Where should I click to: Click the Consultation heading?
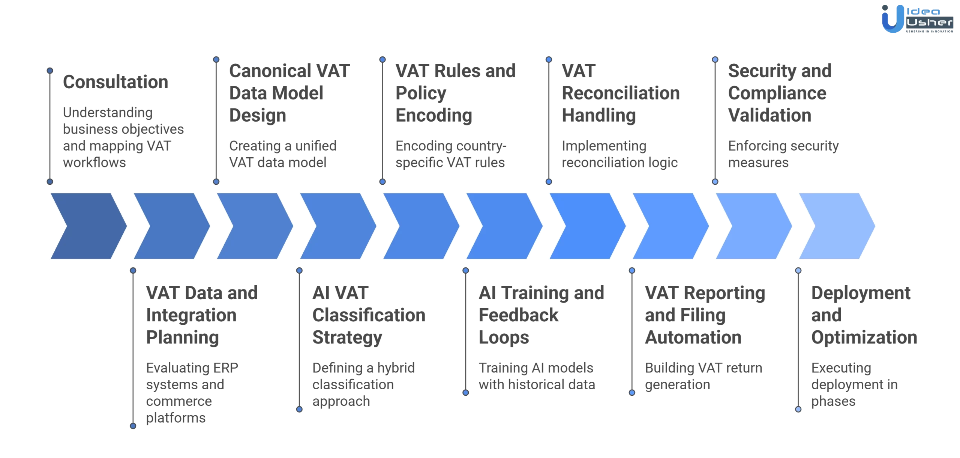[x=115, y=82]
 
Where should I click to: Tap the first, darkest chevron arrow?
[x=88, y=226]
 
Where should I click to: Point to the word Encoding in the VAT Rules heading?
[x=434, y=115]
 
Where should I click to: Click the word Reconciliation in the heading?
[x=621, y=93]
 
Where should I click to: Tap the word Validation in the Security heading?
[x=769, y=115]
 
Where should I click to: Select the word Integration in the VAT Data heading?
[x=191, y=315]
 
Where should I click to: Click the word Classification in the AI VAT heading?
[x=369, y=315]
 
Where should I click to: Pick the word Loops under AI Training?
[x=504, y=337]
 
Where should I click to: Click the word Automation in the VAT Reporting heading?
[x=693, y=337]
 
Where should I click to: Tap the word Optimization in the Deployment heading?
[x=864, y=337]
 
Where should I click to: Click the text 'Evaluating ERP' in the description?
[x=192, y=368]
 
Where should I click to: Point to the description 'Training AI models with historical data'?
[x=536, y=376]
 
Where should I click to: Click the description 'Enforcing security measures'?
[x=783, y=154]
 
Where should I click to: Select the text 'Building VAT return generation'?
[x=703, y=376]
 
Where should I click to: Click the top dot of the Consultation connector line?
[x=50, y=71]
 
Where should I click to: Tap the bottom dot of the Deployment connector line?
[x=798, y=409]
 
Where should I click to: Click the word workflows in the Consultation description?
[x=94, y=163]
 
